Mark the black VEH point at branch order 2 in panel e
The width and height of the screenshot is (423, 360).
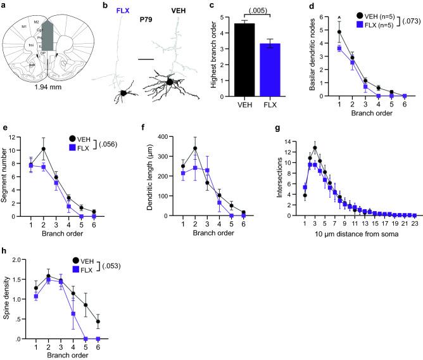click(x=42, y=149)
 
